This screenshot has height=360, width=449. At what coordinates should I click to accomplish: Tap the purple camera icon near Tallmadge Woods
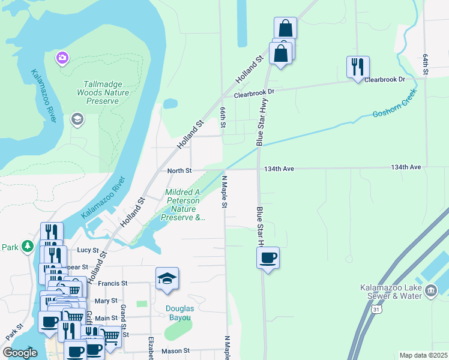coord(62,58)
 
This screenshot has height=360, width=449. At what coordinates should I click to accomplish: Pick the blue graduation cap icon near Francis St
coord(167,278)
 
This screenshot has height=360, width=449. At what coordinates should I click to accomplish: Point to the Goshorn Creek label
coord(394,106)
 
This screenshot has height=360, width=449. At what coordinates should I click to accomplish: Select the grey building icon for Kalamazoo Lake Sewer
coord(430,291)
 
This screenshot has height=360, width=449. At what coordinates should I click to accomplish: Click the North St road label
coord(179,170)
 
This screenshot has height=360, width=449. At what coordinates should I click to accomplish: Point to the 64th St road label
coord(425,64)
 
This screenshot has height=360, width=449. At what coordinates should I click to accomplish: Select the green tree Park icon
coord(27,246)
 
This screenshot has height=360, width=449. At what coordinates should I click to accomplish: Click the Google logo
coord(20,353)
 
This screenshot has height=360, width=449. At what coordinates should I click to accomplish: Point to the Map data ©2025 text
coord(423,355)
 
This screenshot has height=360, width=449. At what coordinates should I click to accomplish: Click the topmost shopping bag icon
coord(285,28)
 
